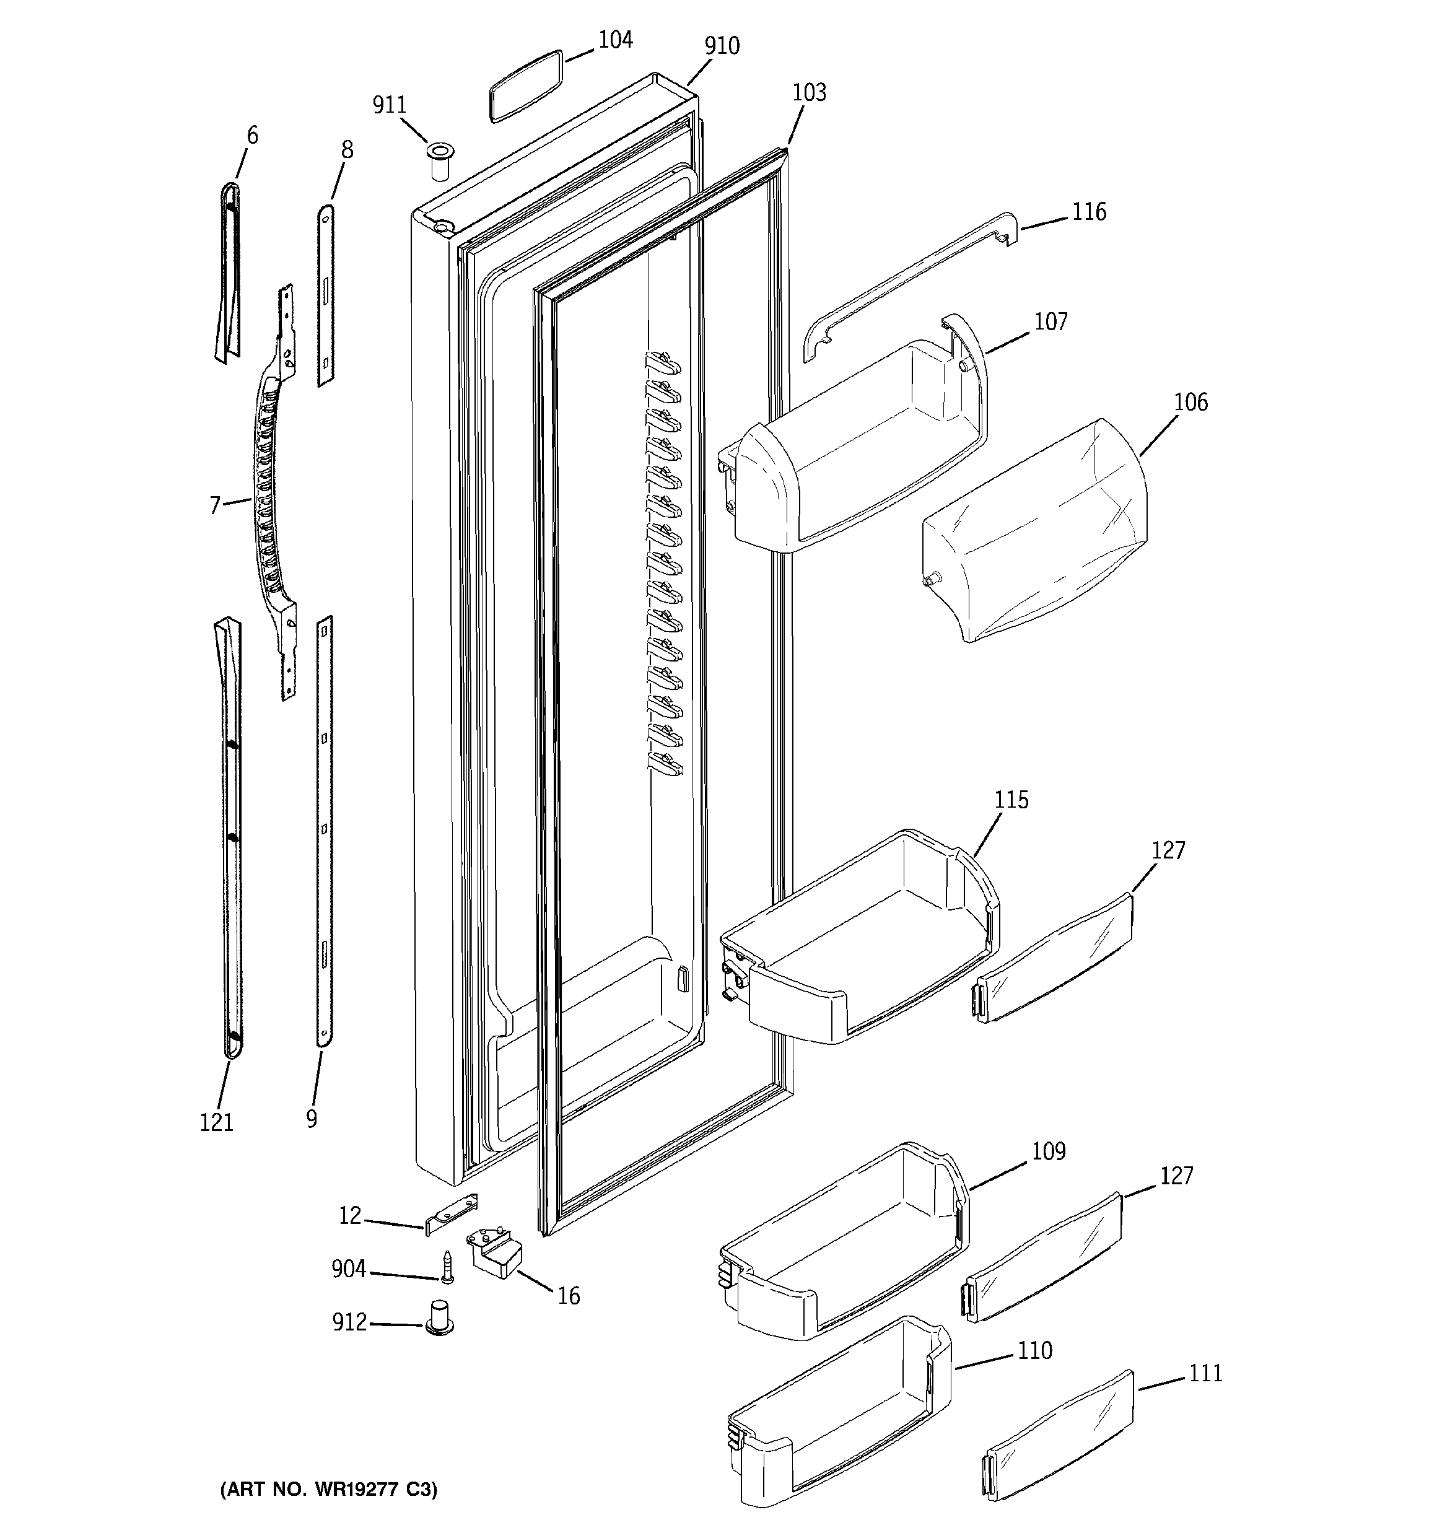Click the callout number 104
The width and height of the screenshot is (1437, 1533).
615,40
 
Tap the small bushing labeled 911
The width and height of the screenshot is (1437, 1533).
440,160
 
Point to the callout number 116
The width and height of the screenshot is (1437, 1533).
1088,212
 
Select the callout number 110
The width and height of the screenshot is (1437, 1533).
1034,1350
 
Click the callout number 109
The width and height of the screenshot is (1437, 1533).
1048,1151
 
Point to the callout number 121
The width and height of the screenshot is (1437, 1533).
216,1123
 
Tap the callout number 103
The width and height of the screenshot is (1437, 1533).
808,92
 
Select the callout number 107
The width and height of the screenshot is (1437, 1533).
1050,321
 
